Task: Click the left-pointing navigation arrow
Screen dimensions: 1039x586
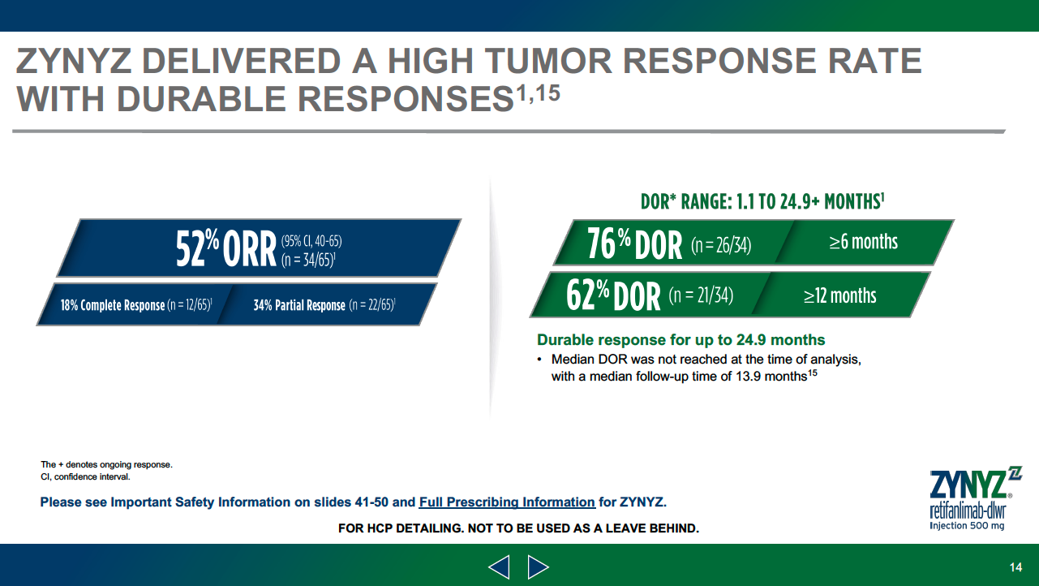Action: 499,567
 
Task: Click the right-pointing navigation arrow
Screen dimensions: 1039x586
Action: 538,567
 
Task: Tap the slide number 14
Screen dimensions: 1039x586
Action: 1015,567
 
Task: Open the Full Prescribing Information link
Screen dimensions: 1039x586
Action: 507,502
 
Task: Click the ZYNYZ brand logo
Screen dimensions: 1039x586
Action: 975,498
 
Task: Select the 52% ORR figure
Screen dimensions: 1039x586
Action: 226,248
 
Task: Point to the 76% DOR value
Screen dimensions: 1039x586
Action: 634,243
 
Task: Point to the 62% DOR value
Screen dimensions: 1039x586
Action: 613,295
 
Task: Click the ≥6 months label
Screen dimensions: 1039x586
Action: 863,242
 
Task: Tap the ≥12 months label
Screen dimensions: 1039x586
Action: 840,295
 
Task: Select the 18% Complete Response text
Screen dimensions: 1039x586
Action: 113,305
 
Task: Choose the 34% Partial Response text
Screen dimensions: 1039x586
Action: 299,305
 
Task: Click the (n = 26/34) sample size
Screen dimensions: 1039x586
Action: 721,245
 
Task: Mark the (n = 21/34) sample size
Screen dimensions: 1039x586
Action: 701,295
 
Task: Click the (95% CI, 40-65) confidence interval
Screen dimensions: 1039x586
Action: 311,241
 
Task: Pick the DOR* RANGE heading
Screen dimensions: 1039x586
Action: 762,201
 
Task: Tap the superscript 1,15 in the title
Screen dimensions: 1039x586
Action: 539,93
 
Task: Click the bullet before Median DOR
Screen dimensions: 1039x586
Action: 539,359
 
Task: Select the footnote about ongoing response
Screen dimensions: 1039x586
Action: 107,464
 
